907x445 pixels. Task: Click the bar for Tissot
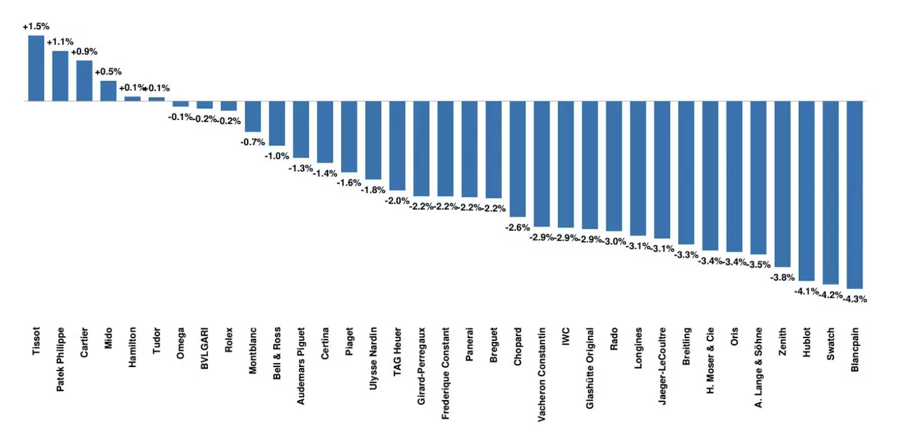pos(36,68)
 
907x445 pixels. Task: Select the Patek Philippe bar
pos(61,76)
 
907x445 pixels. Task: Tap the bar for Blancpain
pos(855,195)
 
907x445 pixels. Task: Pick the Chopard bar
pos(518,159)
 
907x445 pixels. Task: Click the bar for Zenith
pos(782,184)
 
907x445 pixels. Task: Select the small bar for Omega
pos(180,104)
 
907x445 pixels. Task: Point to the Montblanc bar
pos(253,117)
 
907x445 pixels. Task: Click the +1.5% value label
pos(36,27)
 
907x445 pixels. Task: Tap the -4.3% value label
pos(855,299)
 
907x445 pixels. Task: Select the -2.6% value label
pos(518,228)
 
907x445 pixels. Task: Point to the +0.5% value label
pos(108,72)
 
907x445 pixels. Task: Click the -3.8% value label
pos(782,277)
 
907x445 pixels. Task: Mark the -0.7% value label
pos(253,142)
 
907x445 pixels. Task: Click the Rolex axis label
pos(229,340)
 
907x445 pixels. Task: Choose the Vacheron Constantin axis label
pos(541,374)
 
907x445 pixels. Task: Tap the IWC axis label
pos(566,336)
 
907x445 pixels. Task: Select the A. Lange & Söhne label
pos(759,368)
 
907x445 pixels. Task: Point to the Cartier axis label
pos(84,342)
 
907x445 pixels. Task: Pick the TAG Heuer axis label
pos(397,351)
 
